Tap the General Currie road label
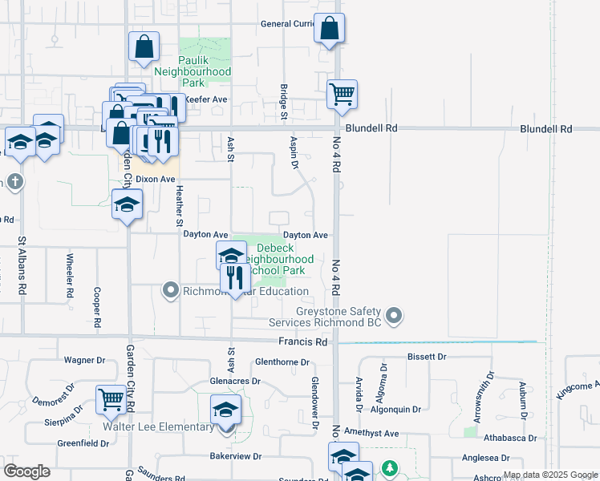(x=289, y=24)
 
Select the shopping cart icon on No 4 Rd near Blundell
(x=342, y=94)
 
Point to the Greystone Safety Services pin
(x=393, y=317)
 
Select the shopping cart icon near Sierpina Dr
(x=111, y=399)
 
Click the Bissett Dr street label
(x=426, y=356)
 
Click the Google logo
(x=26, y=471)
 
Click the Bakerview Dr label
(x=236, y=456)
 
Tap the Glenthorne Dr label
(x=282, y=362)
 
